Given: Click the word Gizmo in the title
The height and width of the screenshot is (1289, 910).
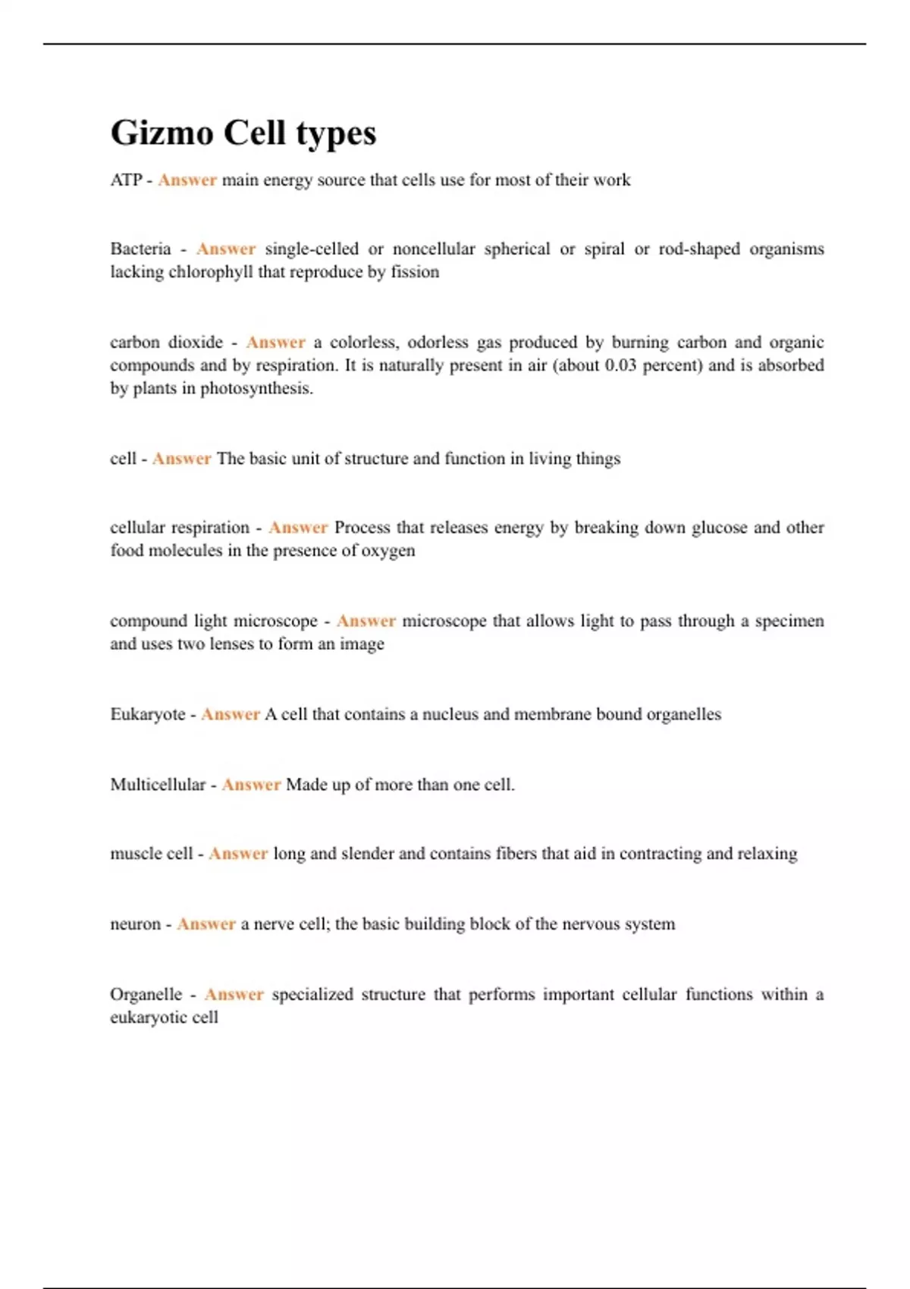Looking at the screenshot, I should (162, 133).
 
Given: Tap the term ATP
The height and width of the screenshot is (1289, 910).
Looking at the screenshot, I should (126, 180).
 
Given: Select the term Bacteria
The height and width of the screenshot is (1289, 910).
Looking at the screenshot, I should (140, 249).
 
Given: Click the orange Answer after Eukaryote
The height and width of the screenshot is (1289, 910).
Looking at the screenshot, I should (230, 714).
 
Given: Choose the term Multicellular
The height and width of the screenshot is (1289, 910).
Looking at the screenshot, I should (158, 785).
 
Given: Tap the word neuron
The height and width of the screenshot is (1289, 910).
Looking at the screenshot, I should (135, 924).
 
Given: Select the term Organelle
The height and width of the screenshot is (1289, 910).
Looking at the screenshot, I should (146, 994).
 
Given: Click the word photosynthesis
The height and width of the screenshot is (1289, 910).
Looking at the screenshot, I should (256, 389).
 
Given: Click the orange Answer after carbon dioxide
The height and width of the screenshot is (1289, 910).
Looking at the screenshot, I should (275, 342).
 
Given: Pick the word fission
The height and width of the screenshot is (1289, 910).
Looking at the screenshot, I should (415, 272).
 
